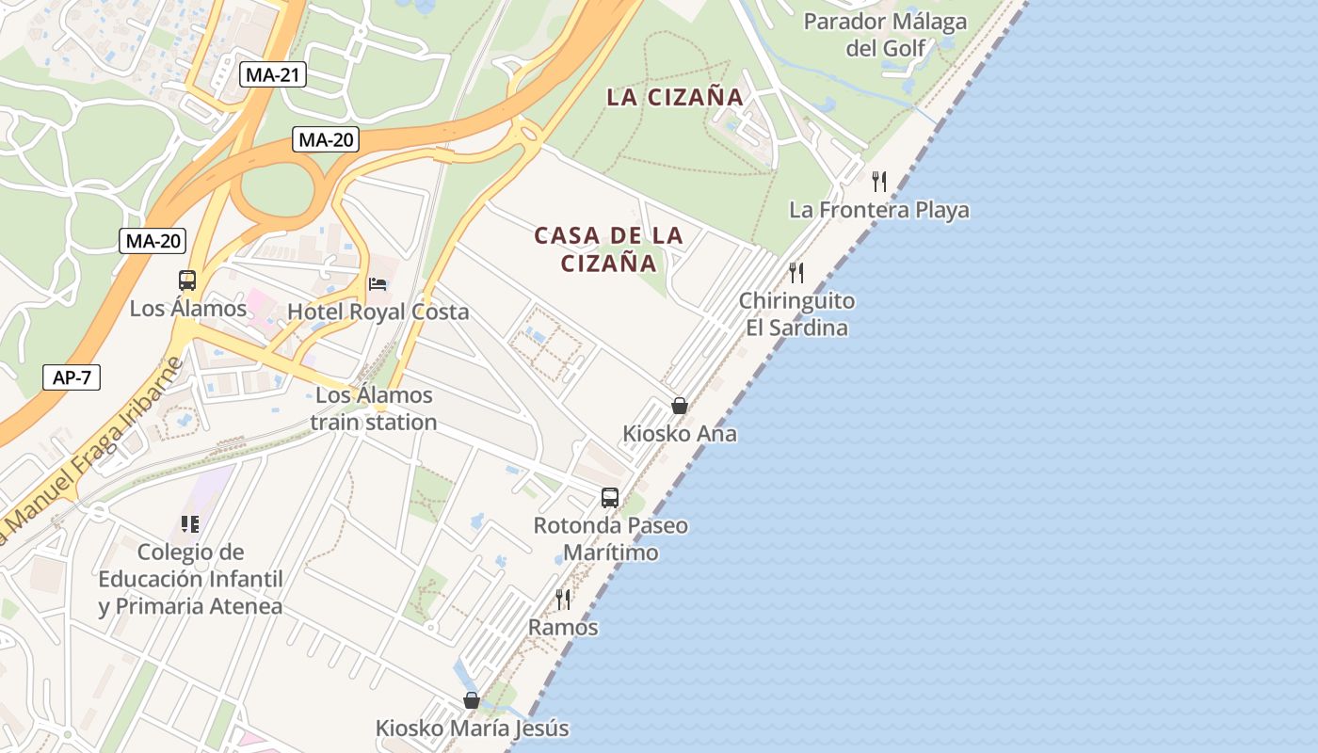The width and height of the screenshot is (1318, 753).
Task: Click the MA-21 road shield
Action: pyautogui.click(x=273, y=75)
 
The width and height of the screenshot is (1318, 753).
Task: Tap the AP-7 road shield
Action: pyautogui.click(x=72, y=378)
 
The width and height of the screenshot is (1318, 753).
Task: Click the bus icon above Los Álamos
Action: pyautogui.click(x=187, y=280)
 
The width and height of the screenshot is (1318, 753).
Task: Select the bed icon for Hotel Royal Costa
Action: pyautogui.click(x=378, y=283)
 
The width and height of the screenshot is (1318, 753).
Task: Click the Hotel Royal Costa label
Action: pyautogui.click(x=378, y=312)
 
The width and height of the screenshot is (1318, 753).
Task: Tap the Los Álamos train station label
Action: pyautogui.click(x=374, y=409)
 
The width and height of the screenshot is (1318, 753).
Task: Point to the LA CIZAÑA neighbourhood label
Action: pyautogui.click(x=675, y=97)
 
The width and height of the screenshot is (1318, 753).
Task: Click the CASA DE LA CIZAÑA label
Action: pyautogui.click(x=609, y=249)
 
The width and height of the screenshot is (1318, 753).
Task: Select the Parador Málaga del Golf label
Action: pyautogui.click(x=885, y=34)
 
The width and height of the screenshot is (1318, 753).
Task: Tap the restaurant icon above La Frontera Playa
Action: pyautogui.click(x=879, y=181)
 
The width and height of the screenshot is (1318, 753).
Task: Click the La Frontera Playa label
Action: pyautogui.click(x=879, y=210)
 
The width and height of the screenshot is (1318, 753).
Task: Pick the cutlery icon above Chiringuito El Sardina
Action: pyautogui.click(x=796, y=273)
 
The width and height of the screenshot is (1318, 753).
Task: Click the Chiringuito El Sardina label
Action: pyautogui.click(x=796, y=314)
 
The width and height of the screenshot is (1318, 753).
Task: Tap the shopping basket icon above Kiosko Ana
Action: pyautogui.click(x=679, y=406)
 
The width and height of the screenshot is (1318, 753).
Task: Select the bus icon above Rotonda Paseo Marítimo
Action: pyautogui.click(x=610, y=497)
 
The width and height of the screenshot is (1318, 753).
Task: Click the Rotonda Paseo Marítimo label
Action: pyautogui.click(x=610, y=538)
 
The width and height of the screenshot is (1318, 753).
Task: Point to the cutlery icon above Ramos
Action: pyautogui.click(x=563, y=599)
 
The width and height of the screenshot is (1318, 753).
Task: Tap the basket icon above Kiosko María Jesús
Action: pyautogui.click(x=472, y=700)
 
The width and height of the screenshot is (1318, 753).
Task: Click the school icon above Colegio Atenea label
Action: pyautogui.click(x=190, y=523)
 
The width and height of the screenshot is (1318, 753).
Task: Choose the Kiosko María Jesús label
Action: pyautogui.click(x=472, y=729)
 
